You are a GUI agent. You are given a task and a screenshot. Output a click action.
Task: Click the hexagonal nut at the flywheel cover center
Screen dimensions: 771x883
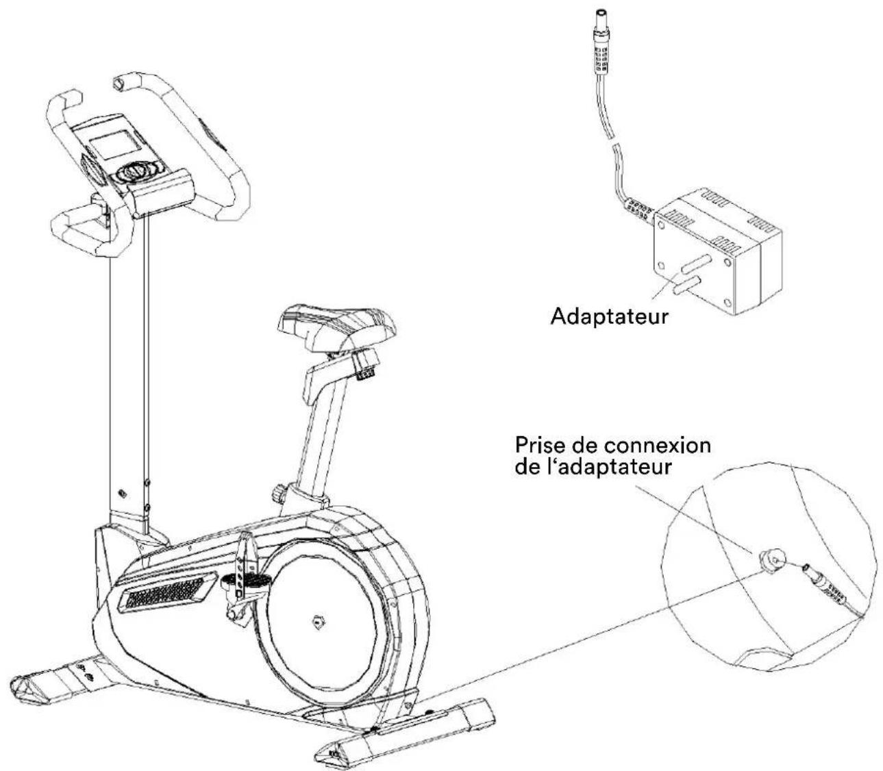pyautogui.click(x=316, y=622)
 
